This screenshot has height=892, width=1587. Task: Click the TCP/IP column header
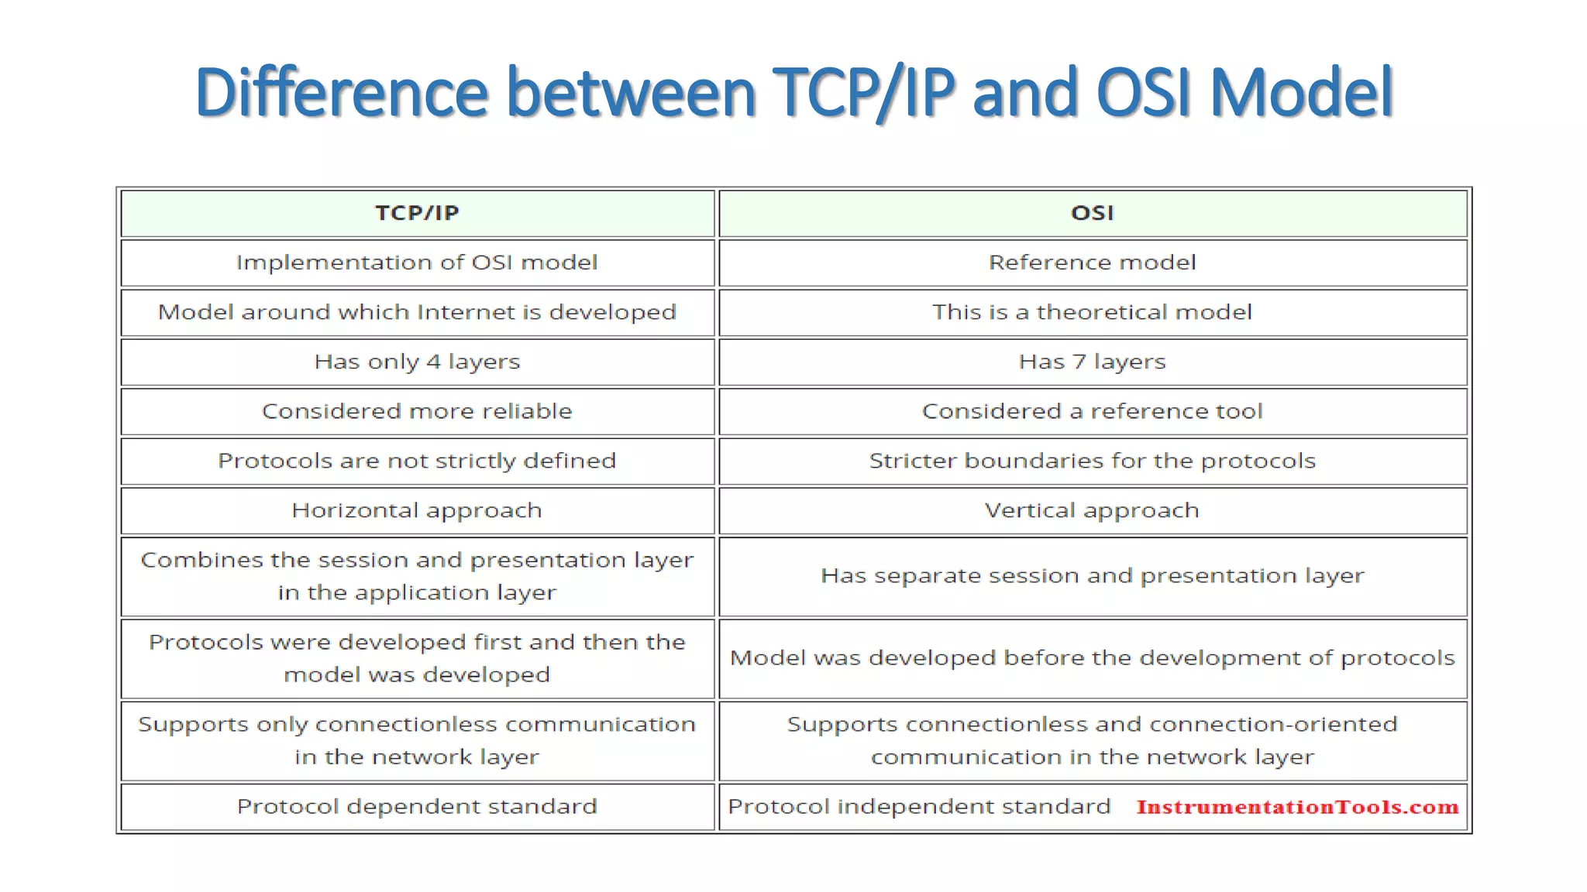[x=417, y=213]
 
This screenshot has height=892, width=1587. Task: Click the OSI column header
[x=1092, y=213]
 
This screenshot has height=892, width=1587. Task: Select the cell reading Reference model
[x=1092, y=262]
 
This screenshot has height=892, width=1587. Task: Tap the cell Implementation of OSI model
[x=417, y=262]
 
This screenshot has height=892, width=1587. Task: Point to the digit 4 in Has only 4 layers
[x=433, y=362]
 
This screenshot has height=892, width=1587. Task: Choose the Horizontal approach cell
[x=417, y=510]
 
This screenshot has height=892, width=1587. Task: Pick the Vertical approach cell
[x=1092, y=510]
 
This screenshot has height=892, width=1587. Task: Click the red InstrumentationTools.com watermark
[x=1297, y=807]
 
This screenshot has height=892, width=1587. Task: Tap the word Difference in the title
[x=341, y=93]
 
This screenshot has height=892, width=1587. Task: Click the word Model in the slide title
[x=1301, y=93]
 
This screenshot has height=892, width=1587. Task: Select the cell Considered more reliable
[x=417, y=411]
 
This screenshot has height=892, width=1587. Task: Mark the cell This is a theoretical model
[x=1092, y=312]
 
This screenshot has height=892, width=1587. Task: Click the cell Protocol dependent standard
[x=417, y=807]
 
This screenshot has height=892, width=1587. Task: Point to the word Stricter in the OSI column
[x=912, y=461]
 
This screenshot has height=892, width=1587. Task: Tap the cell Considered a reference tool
[x=1092, y=411]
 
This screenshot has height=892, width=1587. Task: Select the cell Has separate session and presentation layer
[x=1092, y=576]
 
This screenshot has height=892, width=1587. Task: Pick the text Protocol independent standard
[x=919, y=807]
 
